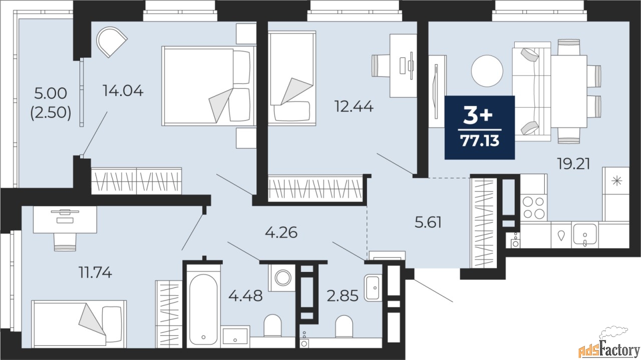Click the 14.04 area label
[x=123, y=91]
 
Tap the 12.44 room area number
[x=354, y=107]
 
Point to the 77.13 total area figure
[x=480, y=141]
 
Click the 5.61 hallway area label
[x=428, y=222]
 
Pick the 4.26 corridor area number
[x=281, y=233]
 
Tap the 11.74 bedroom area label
[x=95, y=272]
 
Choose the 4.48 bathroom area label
[x=245, y=295]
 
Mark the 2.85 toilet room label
[x=343, y=295]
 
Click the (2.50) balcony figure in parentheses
[x=51, y=113]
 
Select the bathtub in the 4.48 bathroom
[x=203, y=309]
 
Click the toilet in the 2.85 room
[x=344, y=326]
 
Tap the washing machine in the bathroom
[x=282, y=277]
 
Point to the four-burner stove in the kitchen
[x=533, y=208]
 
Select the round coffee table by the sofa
[x=487, y=71]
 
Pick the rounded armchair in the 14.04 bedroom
[x=112, y=42]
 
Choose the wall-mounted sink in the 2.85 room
[x=373, y=287]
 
